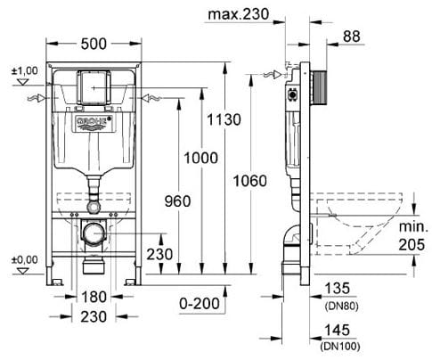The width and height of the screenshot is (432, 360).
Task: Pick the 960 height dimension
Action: [x=178, y=201]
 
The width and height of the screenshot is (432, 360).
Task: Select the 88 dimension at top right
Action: [x=353, y=36]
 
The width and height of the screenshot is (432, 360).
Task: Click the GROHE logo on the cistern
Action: [x=92, y=118]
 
